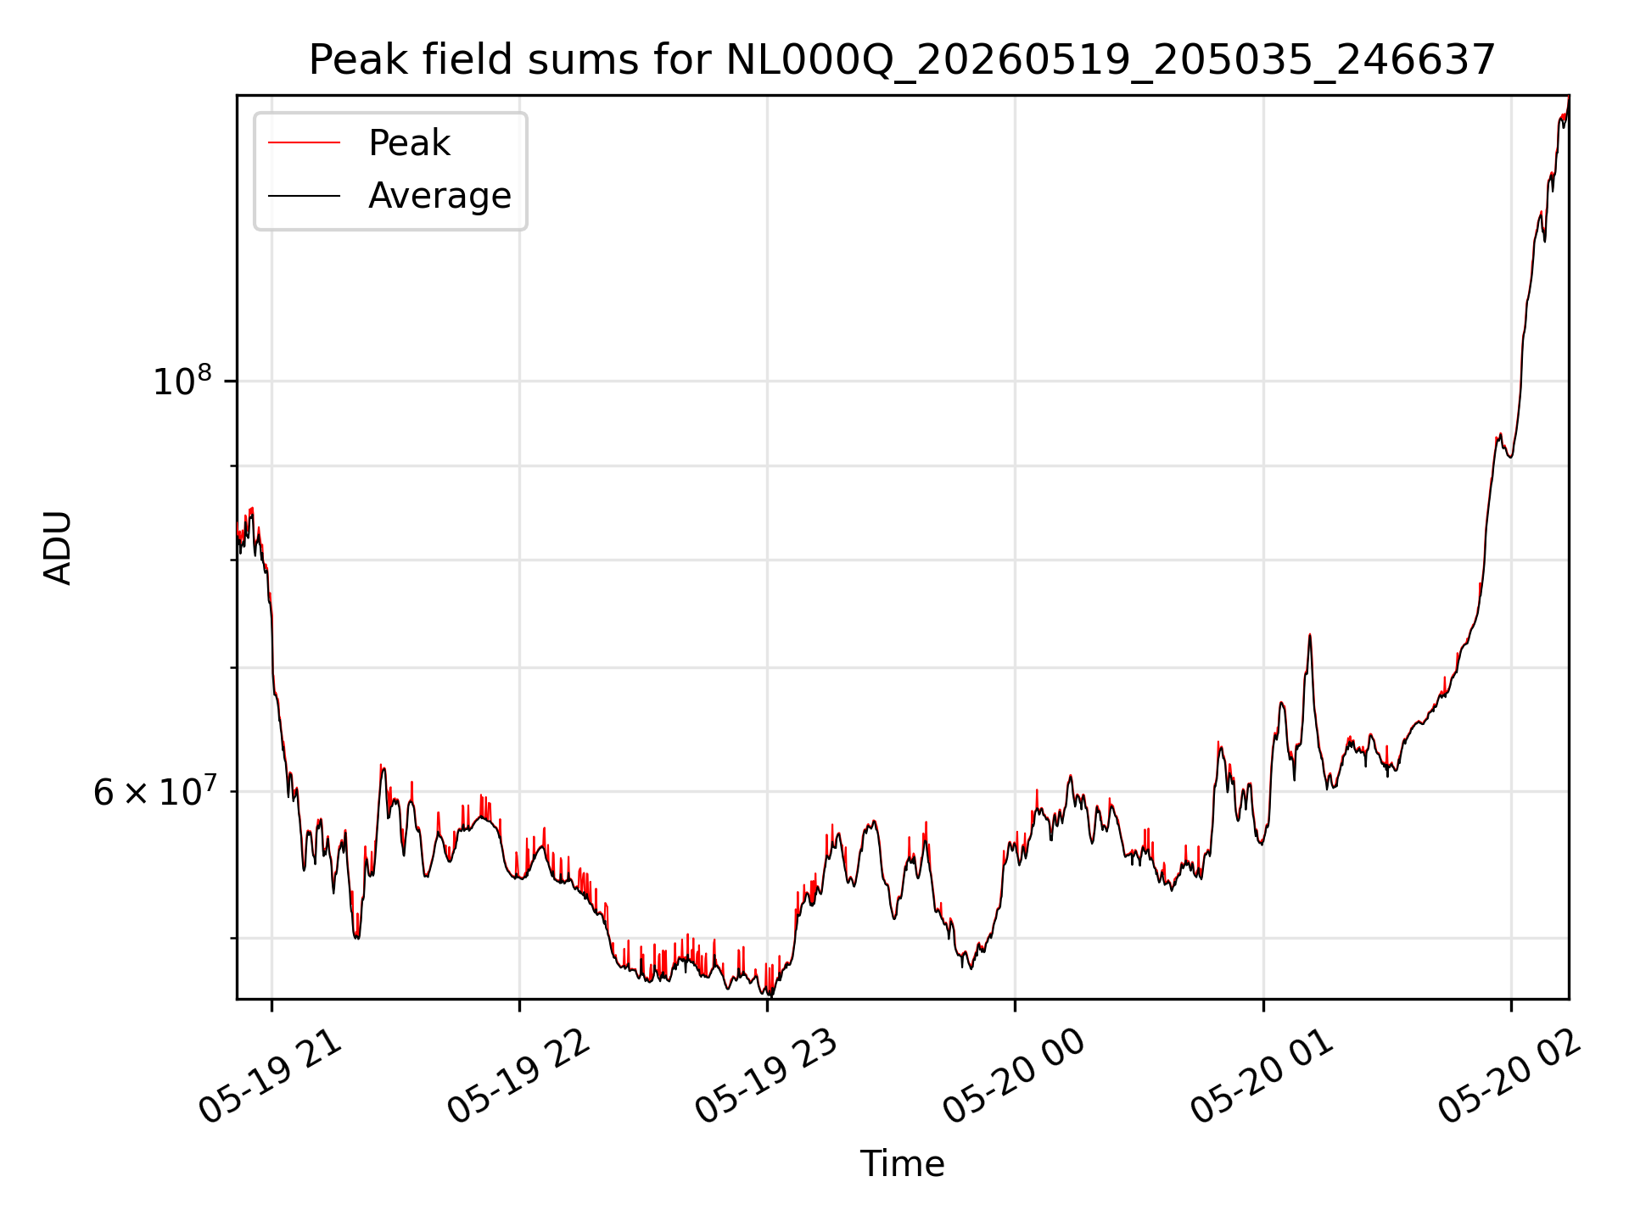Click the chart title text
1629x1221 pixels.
coord(902,60)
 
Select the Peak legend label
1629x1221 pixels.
coord(409,143)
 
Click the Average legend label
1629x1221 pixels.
coord(439,196)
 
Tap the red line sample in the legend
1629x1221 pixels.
coord(304,142)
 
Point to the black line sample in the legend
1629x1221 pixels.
coord(304,196)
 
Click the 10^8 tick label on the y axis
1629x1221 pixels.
coord(182,381)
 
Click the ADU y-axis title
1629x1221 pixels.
coord(58,548)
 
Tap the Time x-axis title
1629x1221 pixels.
coord(902,1164)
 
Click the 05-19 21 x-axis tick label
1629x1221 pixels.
coord(271,1077)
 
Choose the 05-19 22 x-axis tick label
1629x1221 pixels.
coord(518,1077)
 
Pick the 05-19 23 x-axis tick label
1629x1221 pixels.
coord(766,1077)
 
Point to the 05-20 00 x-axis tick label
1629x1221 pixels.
coord(1014,1077)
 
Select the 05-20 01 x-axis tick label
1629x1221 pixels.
coord(1262,1077)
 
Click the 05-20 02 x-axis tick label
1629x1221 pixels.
coord(1509,1077)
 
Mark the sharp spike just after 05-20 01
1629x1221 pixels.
coord(1310,634)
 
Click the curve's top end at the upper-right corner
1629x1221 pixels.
coord(1568,97)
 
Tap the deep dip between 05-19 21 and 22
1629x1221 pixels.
coord(357,938)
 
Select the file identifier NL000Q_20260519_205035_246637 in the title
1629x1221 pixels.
coord(1111,61)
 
